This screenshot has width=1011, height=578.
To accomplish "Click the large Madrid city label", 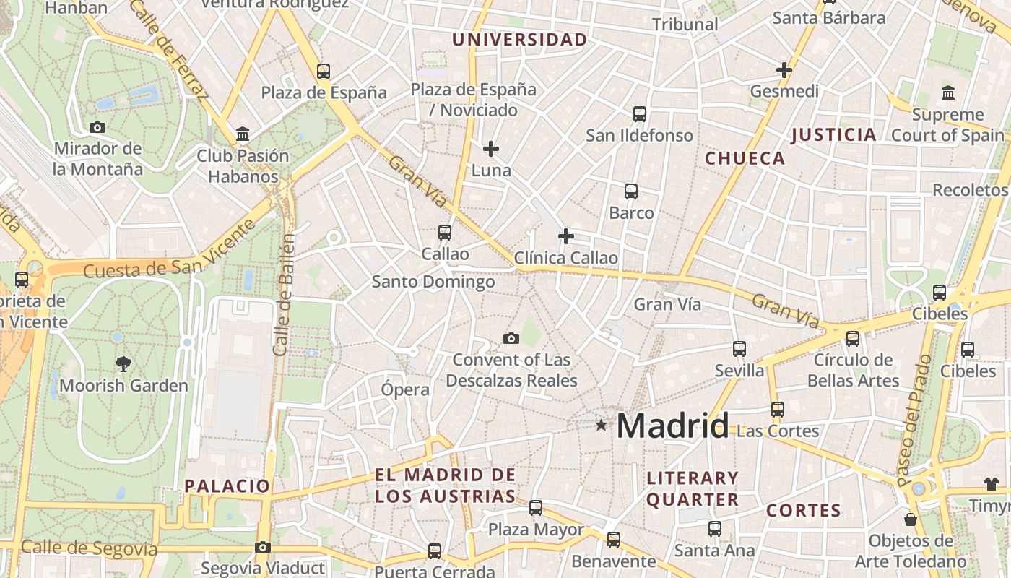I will [672, 426].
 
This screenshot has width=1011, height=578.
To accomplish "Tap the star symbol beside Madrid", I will [601, 425].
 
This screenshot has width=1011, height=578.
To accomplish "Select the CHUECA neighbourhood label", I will [745, 158].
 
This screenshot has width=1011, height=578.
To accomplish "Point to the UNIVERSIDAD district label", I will [520, 40].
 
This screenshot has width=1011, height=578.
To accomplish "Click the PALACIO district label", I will [227, 486].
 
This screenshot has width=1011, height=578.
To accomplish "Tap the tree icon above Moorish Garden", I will [123, 364].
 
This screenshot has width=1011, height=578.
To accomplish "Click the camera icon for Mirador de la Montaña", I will [97, 127].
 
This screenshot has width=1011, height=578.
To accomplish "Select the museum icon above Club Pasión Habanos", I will [243, 134].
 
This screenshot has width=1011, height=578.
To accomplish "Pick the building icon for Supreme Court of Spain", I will [947, 92].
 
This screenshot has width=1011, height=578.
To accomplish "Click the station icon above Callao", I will [445, 233].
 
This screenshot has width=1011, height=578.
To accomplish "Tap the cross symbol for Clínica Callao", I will [566, 236].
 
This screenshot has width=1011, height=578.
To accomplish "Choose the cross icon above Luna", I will [491, 149].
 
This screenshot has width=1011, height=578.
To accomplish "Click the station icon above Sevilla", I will [739, 349].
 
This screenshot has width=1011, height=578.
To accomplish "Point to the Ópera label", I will [405, 389].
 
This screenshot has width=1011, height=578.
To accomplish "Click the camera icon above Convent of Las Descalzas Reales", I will [511, 338].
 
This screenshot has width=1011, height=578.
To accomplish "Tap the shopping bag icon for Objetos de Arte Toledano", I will [911, 519].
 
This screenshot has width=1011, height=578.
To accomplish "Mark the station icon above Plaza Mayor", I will [536, 508].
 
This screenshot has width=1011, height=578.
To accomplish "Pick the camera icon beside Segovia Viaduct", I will [263, 548].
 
